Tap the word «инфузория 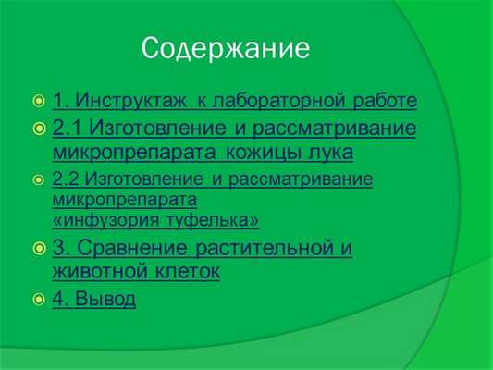tap(101, 220)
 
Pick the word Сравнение tap(130, 248)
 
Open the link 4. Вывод tap(94, 299)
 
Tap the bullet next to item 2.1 tap(38, 128)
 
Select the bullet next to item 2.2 tap(38, 179)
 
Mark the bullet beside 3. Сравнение tap(38, 249)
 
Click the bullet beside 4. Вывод tap(38, 300)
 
